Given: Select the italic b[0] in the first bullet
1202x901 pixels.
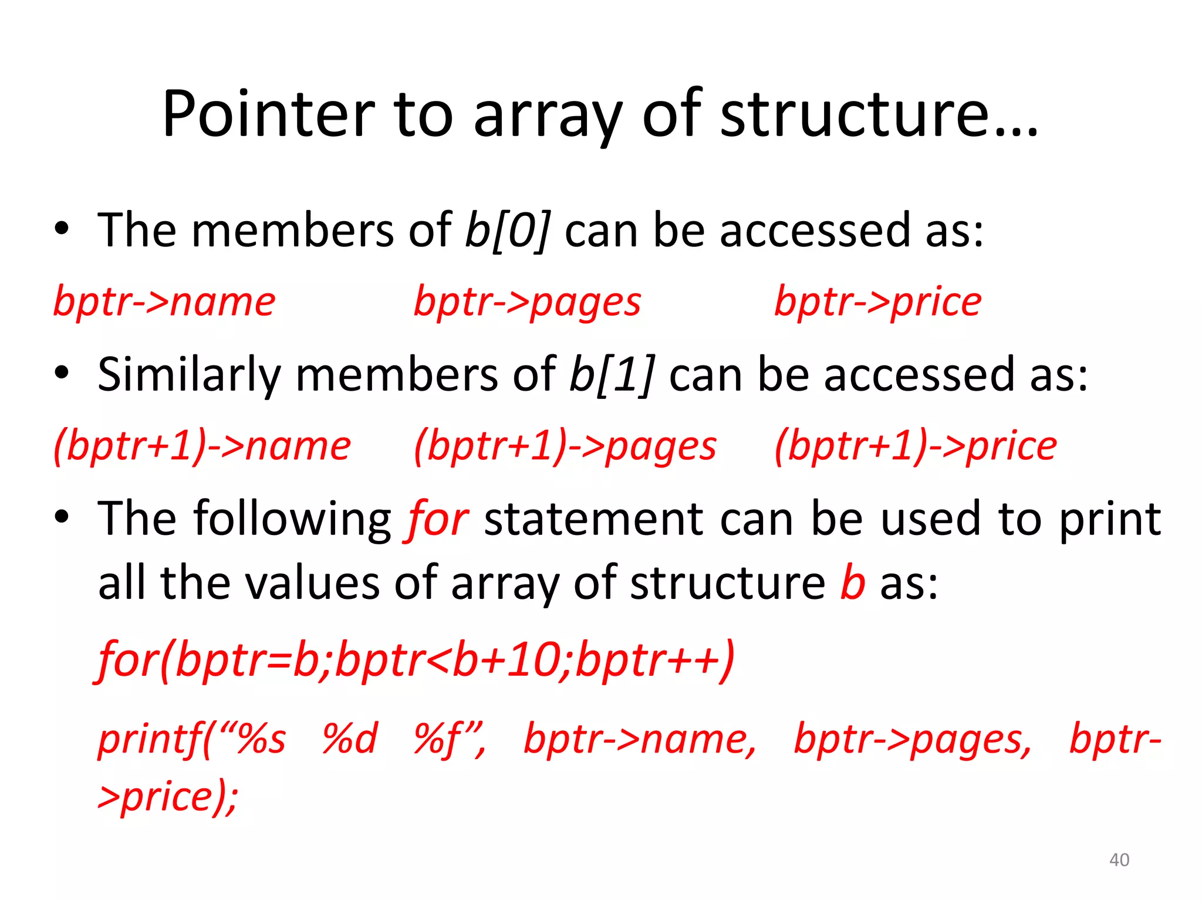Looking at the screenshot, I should coord(507,231).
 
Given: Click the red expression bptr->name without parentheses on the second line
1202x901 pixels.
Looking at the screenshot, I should coord(164,302).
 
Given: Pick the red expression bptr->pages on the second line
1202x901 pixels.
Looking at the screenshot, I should coord(527,303).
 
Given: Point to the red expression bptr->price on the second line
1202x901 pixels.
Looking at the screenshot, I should coord(877,303).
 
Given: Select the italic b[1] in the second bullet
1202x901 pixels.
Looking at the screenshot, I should coord(612,375).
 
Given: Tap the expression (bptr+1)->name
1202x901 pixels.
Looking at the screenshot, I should coord(202,446).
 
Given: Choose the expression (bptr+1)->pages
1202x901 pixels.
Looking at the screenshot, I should coord(565,446).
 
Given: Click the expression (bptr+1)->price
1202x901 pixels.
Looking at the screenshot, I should coord(915,446).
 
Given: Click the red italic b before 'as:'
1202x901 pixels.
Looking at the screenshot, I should coord(852,582).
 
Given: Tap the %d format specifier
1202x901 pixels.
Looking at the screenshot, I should coord(350,739).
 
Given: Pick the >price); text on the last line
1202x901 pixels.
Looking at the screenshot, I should coord(168,797).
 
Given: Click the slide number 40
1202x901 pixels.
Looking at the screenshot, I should coord(1119,860).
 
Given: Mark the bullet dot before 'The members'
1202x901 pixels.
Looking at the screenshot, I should coord(62,229).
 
